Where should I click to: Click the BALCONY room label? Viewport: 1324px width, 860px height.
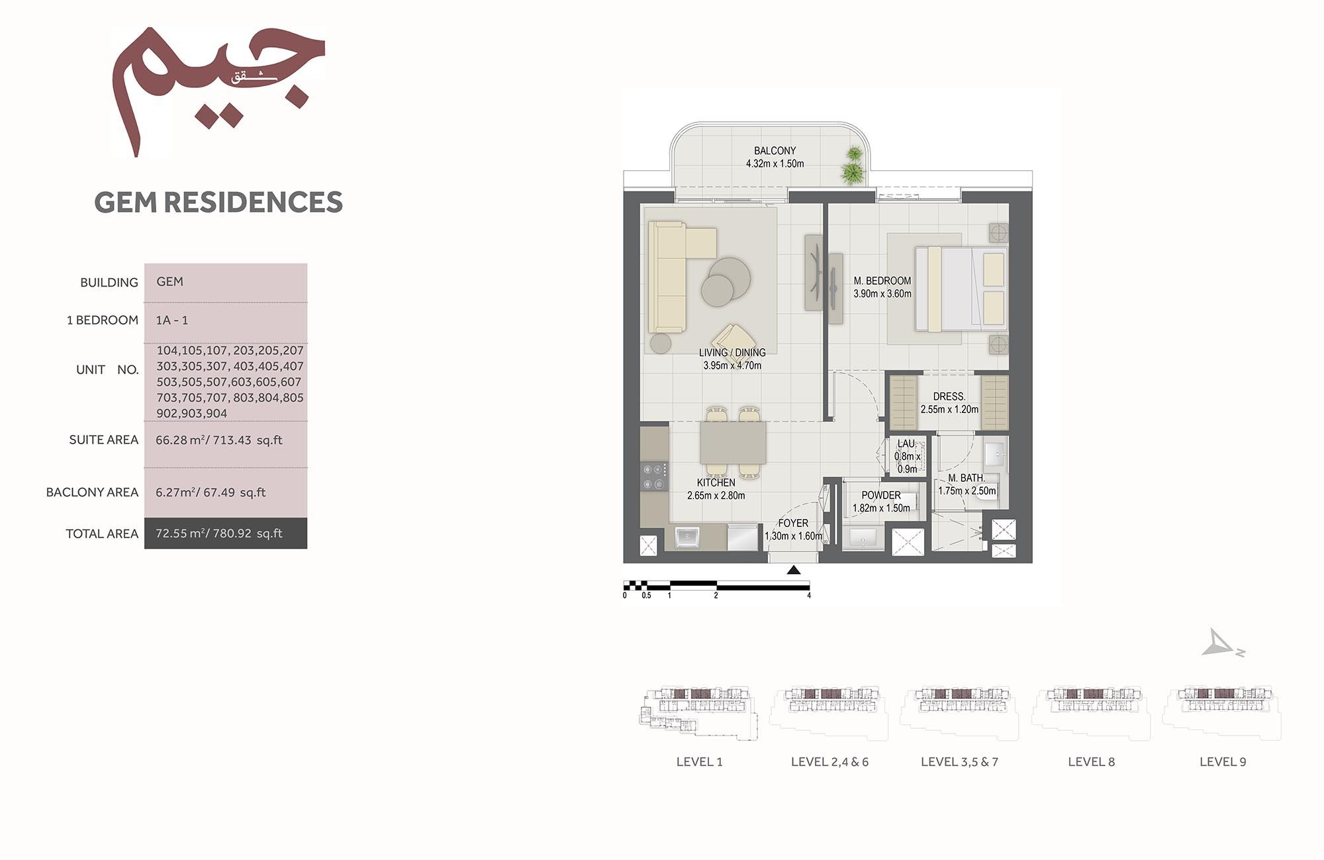(x=775, y=151)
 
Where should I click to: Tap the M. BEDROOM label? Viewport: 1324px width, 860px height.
(x=882, y=281)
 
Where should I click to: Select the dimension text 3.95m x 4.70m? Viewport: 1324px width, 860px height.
(x=732, y=365)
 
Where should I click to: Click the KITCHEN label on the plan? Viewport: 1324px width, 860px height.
(x=716, y=483)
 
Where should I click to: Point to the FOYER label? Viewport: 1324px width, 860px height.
(x=793, y=523)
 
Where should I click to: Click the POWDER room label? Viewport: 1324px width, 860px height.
(x=880, y=495)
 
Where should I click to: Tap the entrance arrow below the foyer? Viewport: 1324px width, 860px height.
(x=794, y=570)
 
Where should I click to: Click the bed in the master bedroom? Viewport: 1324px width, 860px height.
(x=960, y=289)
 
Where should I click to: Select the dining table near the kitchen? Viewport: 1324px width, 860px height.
(x=733, y=442)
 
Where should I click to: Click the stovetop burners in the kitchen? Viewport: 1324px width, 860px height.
(x=654, y=477)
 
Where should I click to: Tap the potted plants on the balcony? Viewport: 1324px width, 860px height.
(x=853, y=166)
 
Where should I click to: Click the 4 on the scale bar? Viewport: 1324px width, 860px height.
(x=809, y=595)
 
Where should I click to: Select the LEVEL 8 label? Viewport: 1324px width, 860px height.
(x=1091, y=762)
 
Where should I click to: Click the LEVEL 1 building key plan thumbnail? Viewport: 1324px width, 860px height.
(x=698, y=712)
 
